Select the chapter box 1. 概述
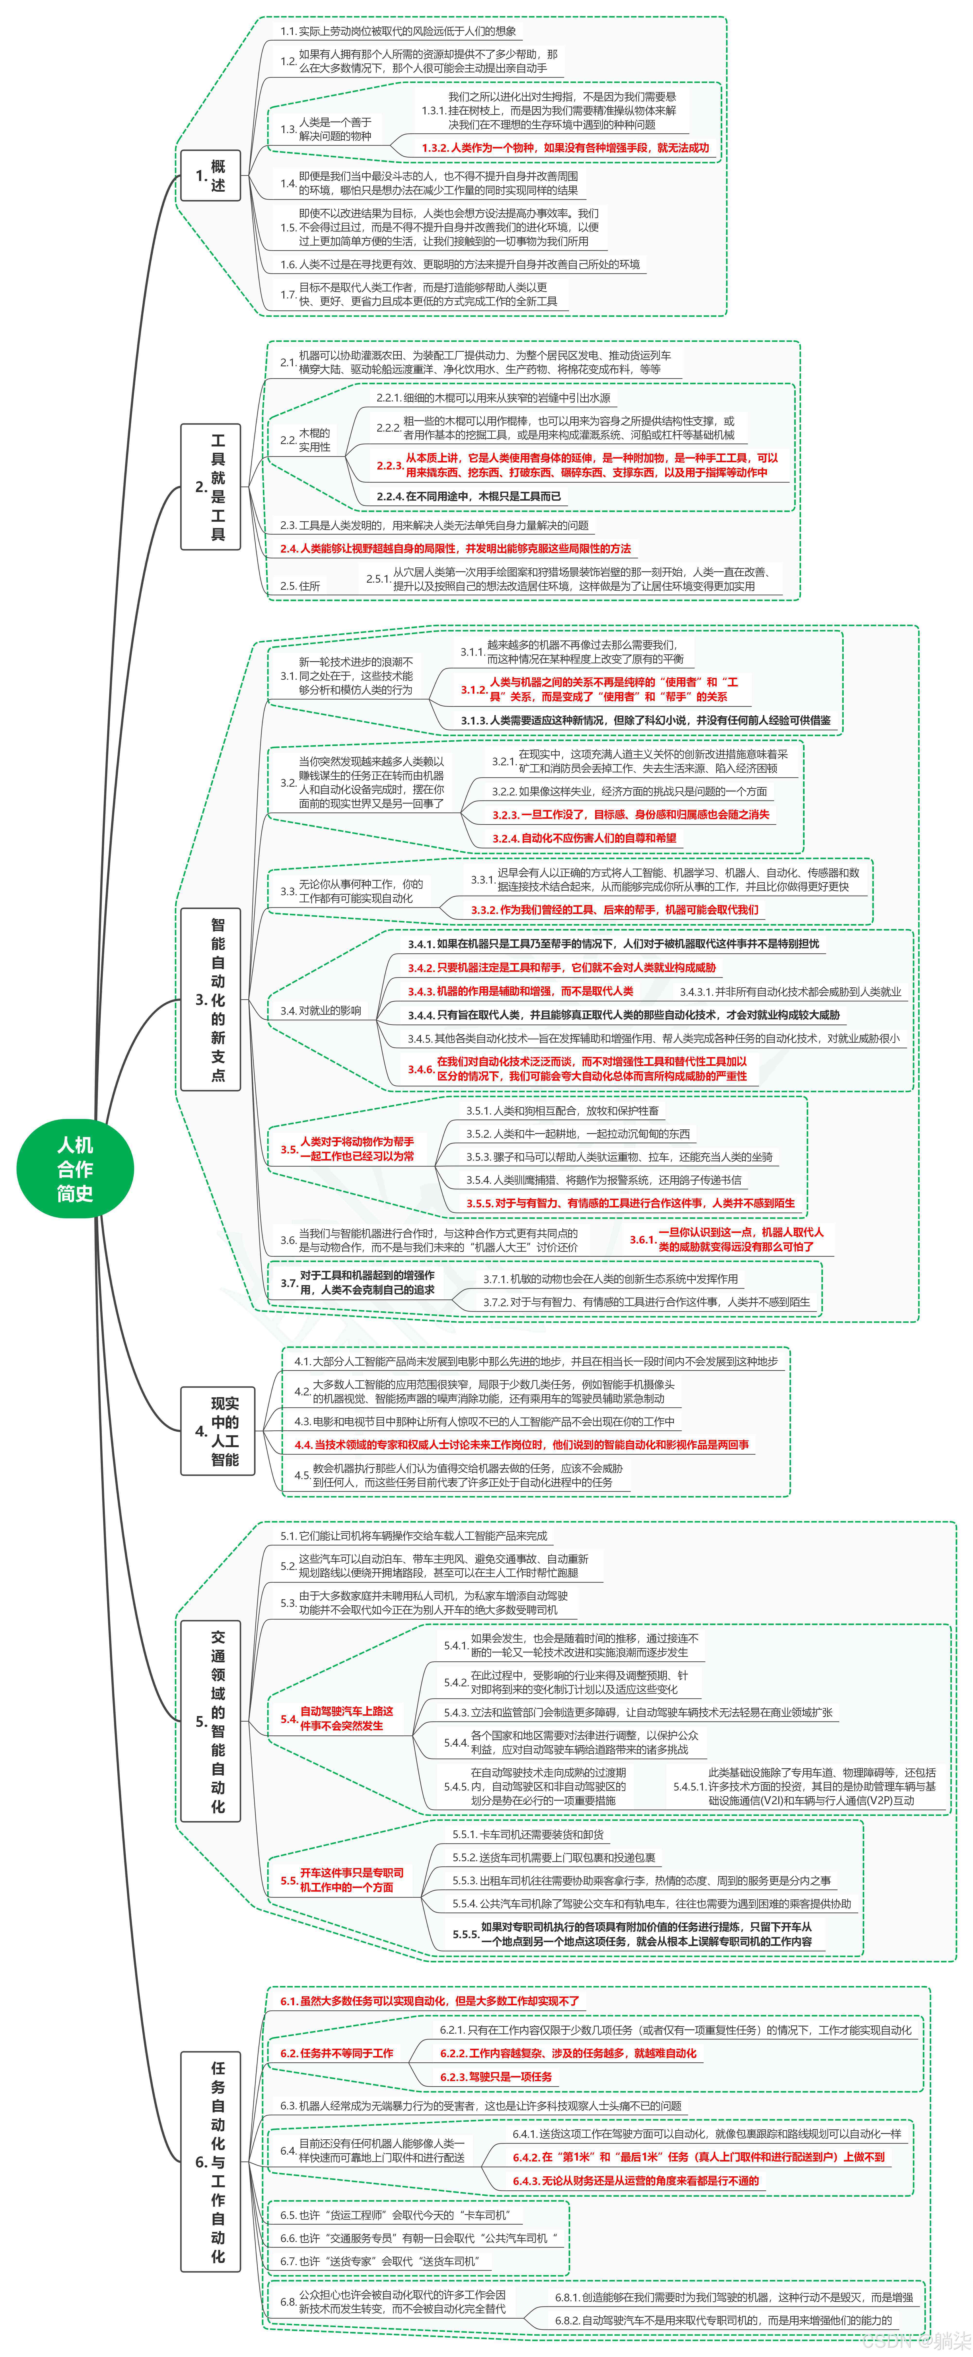[210, 176]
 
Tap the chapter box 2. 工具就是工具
[210, 487]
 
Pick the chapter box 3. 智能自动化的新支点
[210, 999]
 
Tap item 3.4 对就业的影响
[320, 1010]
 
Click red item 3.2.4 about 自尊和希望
[584, 837]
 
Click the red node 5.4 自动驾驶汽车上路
[340, 1717]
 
